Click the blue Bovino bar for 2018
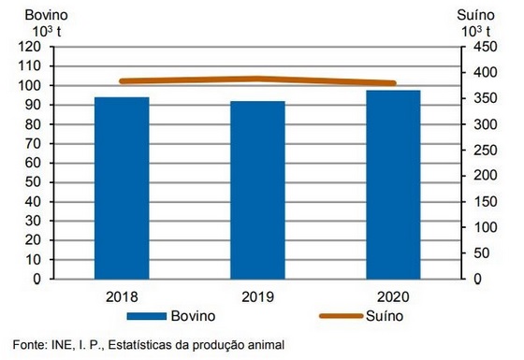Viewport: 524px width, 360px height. [122, 187]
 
